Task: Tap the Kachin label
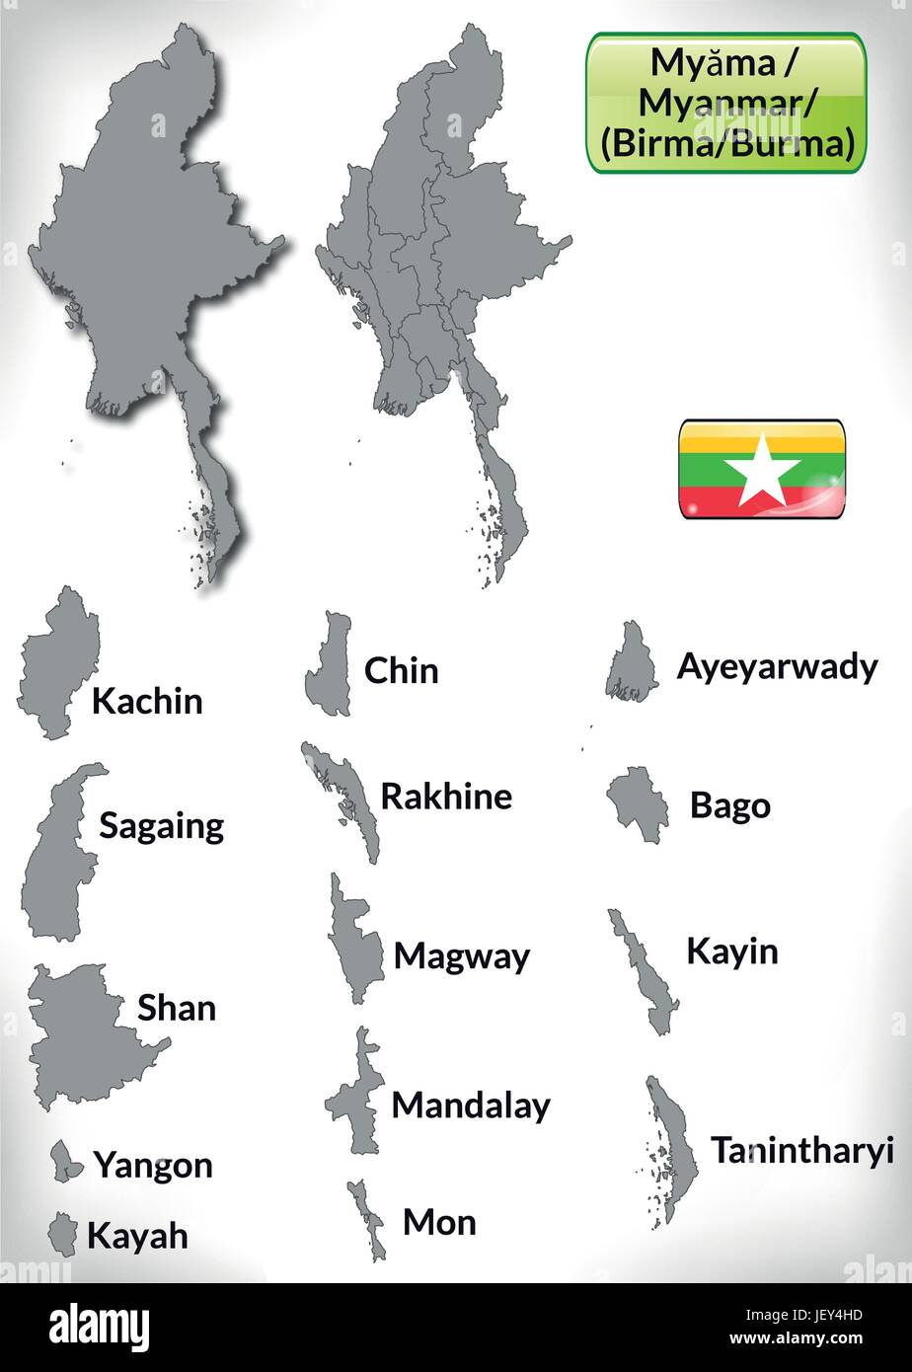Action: tap(147, 701)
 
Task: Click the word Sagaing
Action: tap(161, 826)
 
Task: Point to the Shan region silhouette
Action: tap(84, 1031)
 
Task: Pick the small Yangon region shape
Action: tap(67, 1162)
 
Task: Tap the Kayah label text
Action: tap(137, 1235)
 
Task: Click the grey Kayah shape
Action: tap(63, 1235)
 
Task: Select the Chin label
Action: tap(401, 671)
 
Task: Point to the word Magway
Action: tap(461, 956)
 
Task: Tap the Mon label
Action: tap(439, 1223)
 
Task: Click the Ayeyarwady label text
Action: tap(776, 668)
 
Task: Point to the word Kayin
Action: tap(731, 952)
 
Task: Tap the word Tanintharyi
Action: tap(801, 1150)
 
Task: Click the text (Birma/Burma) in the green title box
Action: tap(725, 145)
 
